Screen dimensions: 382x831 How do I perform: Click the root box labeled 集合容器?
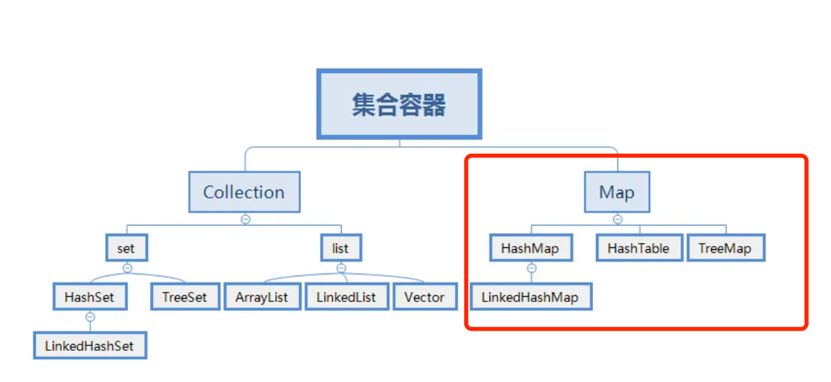click(x=399, y=104)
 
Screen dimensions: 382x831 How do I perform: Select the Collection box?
click(x=244, y=192)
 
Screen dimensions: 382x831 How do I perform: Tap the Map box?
click(x=617, y=192)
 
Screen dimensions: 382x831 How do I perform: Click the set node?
click(x=126, y=248)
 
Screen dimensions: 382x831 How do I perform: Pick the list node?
click(x=340, y=248)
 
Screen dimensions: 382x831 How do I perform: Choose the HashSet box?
click(x=89, y=297)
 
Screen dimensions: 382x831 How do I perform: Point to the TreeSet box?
click(x=184, y=297)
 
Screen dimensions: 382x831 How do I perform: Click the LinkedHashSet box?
click(x=89, y=345)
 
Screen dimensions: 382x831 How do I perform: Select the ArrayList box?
click(x=262, y=297)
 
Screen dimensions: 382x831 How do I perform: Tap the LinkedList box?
click(x=346, y=297)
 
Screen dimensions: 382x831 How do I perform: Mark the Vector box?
click(x=424, y=297)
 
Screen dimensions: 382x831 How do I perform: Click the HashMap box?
click(x=530, y=248)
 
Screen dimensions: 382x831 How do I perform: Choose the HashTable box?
click(x=639, y=248)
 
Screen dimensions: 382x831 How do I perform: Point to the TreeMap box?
click(x=725, y=248)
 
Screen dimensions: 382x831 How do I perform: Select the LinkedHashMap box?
click(x=530, y=297)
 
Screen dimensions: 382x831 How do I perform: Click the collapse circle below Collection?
click(x=245, y=219)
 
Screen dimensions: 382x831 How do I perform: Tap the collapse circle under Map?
click(x=617, y=219)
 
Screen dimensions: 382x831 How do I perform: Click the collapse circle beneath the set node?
click(x=127, y=268)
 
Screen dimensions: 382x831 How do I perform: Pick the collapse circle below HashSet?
click(x=90, y=316)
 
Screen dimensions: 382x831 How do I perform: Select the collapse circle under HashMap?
click(x=531, y=268)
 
